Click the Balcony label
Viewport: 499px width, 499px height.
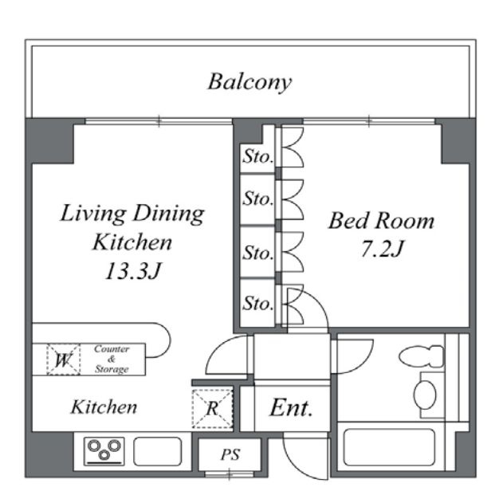tap(249, 82)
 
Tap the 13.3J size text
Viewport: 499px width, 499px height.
tap(133, 271)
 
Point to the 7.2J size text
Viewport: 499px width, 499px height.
tap(382, 249)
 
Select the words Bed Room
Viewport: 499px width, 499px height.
tap(381, 221)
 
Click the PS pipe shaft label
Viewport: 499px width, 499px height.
tap(230, 454)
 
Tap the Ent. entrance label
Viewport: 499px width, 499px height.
tap(291, 407)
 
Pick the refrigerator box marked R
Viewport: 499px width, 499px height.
tap(213, 409)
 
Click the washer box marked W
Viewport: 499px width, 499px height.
tap(63, 360)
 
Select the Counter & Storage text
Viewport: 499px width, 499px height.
tap(112, 359)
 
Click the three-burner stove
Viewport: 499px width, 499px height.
tap(104, 451)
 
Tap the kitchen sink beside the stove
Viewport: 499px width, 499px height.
tap(158, 451)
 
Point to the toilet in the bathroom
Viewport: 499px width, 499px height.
tap(422, 356)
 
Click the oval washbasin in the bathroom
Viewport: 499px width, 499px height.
tap(425, 395)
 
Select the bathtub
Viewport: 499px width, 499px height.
tap(390, 447)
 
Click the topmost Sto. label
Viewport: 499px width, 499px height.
tap(257, 156)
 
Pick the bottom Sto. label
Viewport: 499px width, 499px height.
tap(257, 303)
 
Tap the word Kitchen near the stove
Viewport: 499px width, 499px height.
tap(104, 407)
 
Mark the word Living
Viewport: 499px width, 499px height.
tap(93, 213)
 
